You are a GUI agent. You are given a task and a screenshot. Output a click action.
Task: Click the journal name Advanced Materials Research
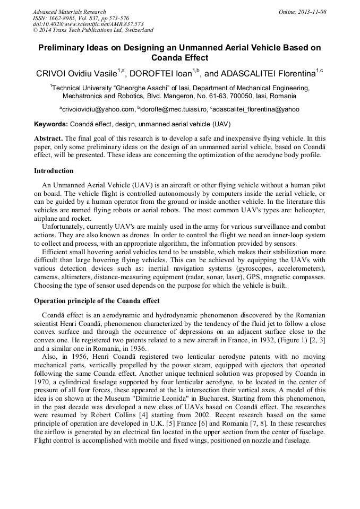69,12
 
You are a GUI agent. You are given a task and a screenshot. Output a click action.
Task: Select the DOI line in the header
88,24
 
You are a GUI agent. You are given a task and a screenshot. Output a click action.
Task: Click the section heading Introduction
54,171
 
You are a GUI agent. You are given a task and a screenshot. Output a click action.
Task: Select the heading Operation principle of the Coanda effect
97,300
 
